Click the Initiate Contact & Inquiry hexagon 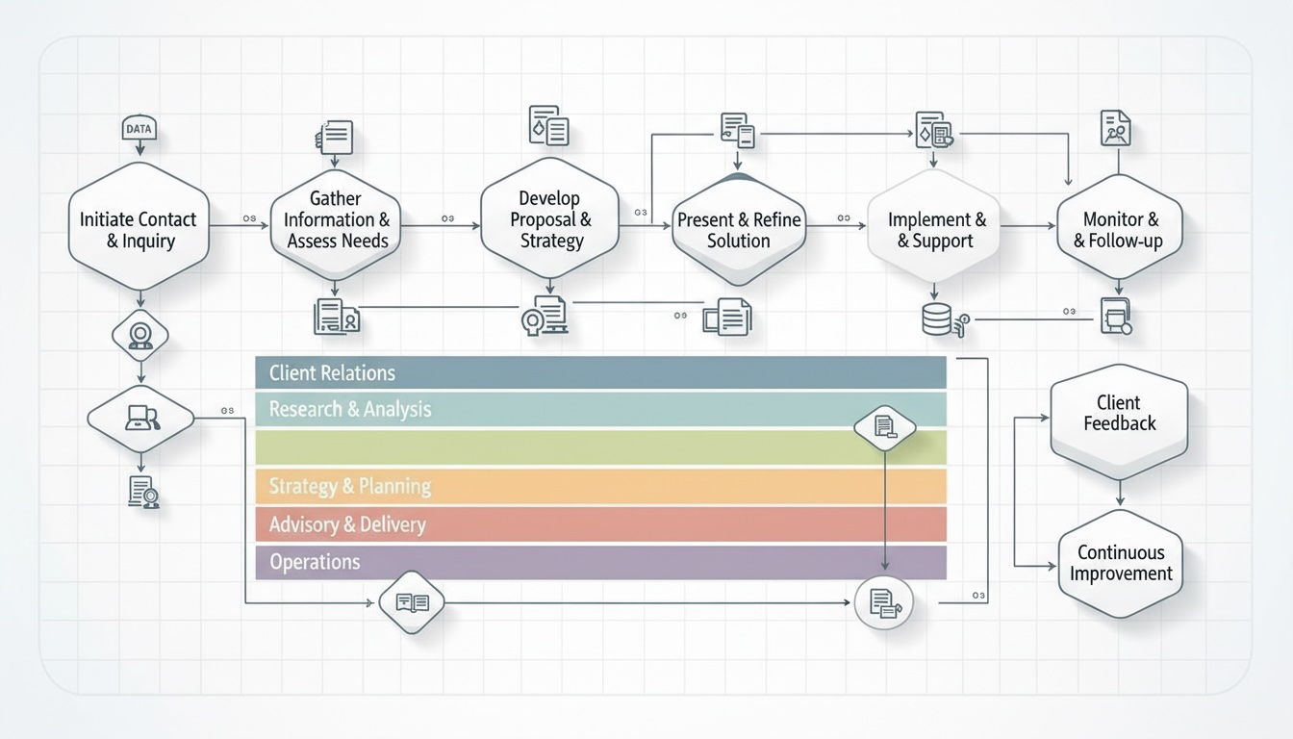tap(139, 229)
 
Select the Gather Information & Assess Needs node tap(336, 220)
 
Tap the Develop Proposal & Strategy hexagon tap(549, 218)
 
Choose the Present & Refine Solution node tap(738, 230)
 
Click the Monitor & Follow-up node tap(1119, 230)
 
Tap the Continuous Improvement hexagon tap(1120, 563)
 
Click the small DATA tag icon tap(139, 128)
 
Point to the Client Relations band tap(600, 372)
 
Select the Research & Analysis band tap(558, 409)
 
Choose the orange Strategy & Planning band tap(600, 486)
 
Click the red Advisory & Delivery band tap(600, 524)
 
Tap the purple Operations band tap(600, 562)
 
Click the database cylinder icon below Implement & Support tap(937, 319)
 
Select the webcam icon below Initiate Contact tap(140, 335)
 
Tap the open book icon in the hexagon tap(412, 602)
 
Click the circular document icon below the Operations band tap(883, 603)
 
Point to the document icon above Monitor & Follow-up tap(1116, 128)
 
